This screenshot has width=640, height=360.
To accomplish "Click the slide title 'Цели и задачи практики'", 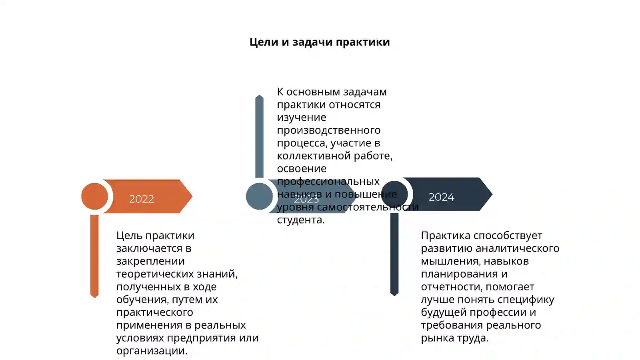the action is [x=320, y=42].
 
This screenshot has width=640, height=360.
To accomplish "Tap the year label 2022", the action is [x=142, y=199].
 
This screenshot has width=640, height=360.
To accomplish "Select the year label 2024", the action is [x=441, y=197].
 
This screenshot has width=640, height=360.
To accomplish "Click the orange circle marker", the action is [x=94, y=196].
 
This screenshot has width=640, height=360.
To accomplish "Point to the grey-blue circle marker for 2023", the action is [x=260, y=196].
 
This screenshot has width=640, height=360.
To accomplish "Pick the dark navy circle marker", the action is [x=394, y=194].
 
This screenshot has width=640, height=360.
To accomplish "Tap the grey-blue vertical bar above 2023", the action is [x=260, y=136].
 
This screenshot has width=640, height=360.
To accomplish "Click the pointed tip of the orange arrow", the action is [x=192, y=196].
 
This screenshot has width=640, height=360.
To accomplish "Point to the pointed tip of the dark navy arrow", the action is [x=492, y=194].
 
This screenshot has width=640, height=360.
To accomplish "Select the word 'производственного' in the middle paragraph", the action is [x=328, y=130].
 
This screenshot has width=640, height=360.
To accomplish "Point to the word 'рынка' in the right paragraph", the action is [x=437, y=338].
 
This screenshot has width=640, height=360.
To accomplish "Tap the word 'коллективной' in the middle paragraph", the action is [x=314, y=156].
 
